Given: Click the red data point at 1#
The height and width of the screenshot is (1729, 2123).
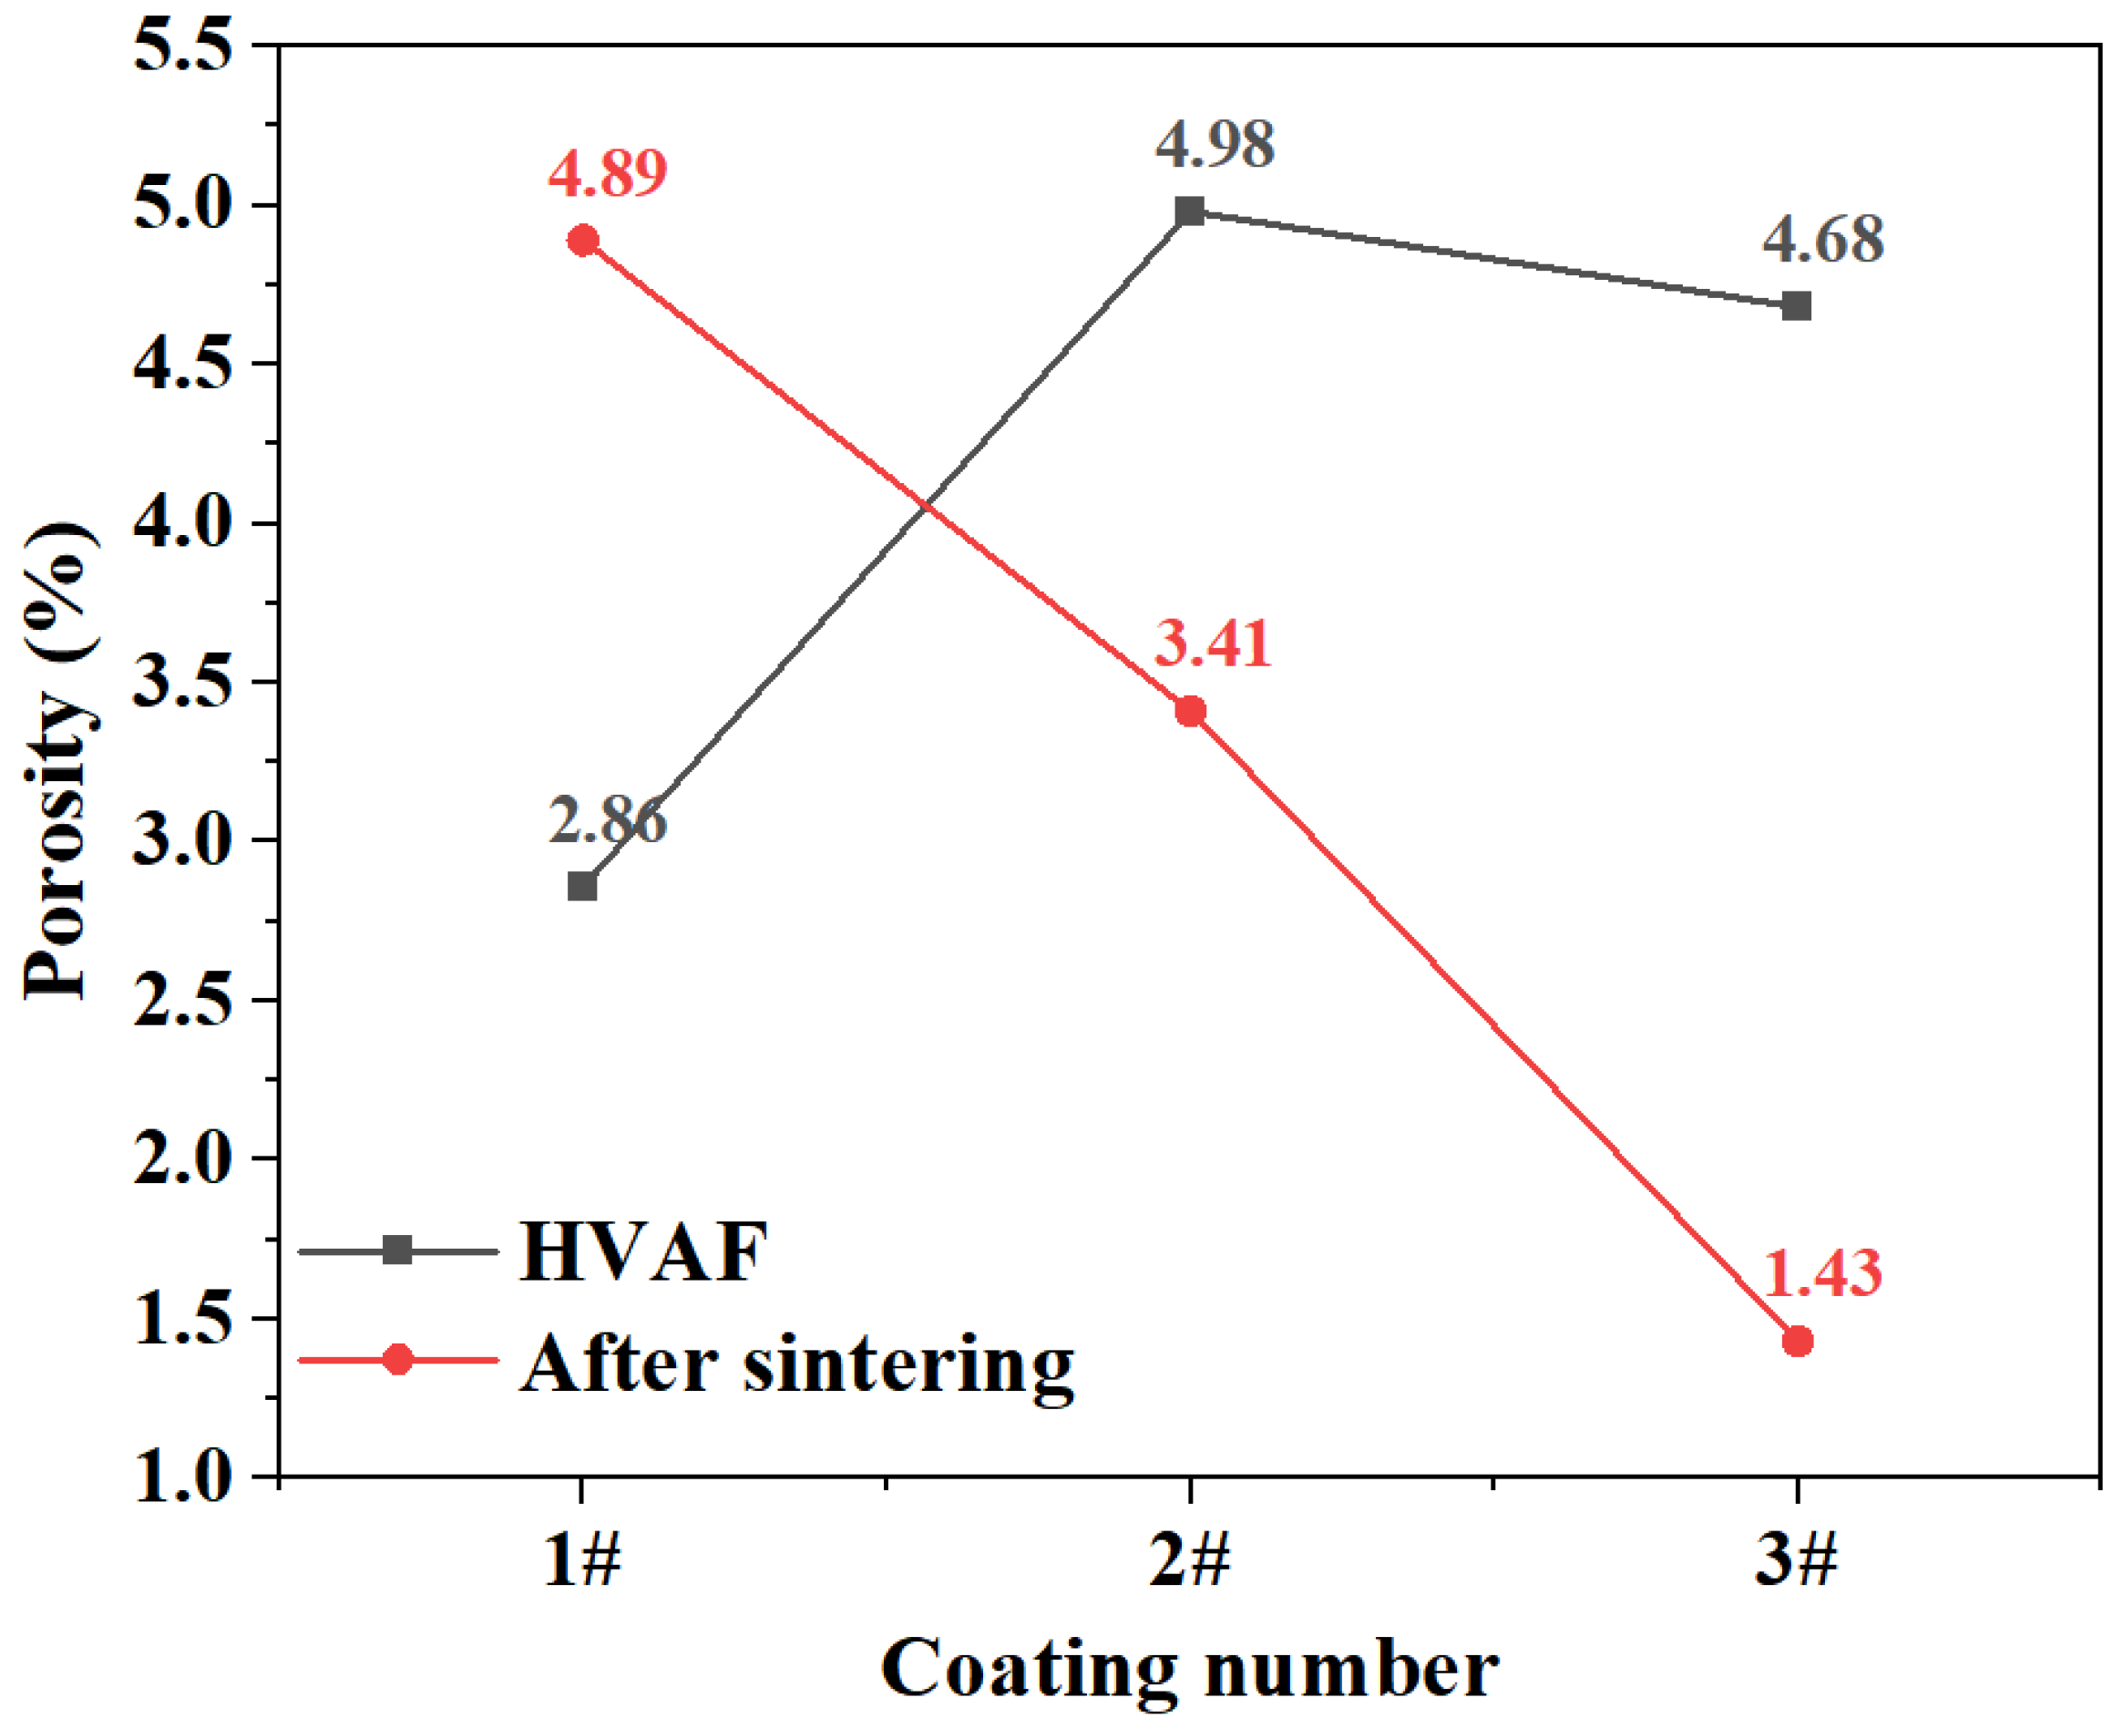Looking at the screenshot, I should [x=582, y=241].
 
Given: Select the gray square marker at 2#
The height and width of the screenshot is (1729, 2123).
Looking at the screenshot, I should [x=1189, y=211].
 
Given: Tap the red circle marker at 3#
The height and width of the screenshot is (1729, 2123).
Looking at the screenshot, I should [x=1797, y=1341].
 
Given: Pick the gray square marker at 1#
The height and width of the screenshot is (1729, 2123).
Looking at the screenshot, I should [x=582, y=885].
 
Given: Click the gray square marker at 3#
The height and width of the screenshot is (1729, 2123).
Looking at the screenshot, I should [x=1797, y=305].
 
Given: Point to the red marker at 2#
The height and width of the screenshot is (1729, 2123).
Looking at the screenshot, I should [x=1189, y=711].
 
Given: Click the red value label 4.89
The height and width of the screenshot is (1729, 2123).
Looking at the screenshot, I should [x=607, y=173].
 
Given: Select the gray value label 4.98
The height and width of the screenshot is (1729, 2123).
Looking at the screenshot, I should [x=1214, y=144].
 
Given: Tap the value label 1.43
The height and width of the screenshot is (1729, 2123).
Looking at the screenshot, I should [x=1821, y=1274].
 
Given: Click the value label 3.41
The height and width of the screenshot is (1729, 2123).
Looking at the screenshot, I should [x=1212, y=644].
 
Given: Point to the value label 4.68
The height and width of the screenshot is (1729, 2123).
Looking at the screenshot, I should [x=1822, y=240].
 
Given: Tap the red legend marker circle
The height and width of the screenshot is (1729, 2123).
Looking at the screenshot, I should [x=397, y=1360].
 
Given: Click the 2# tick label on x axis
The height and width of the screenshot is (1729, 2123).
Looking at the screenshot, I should [x=1189, y=1559].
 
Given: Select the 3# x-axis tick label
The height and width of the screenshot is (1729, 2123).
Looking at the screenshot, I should [x=1795, y=1559].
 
